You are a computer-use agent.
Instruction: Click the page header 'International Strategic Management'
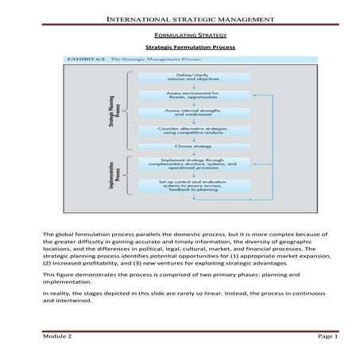click(179, 18)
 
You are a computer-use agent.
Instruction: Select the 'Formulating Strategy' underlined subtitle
click(179, 36)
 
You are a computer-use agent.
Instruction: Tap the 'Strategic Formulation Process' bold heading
click(179, 48)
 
